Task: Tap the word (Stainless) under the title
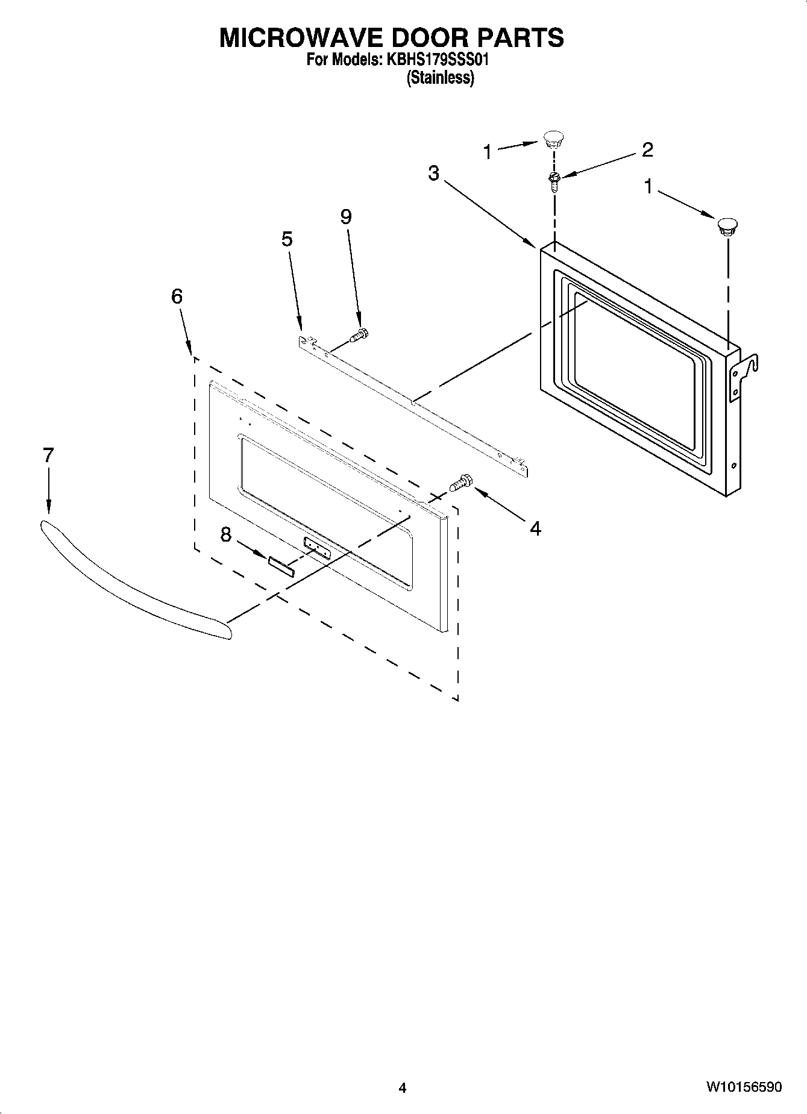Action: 440,78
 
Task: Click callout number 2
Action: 647,149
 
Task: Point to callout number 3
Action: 434,174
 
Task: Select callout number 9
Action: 346,217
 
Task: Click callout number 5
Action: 287,239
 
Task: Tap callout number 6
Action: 177,296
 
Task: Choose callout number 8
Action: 225,534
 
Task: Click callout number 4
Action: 535,528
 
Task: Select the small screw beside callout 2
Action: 554,180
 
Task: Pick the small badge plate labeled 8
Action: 281,567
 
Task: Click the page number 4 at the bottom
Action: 403,1088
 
